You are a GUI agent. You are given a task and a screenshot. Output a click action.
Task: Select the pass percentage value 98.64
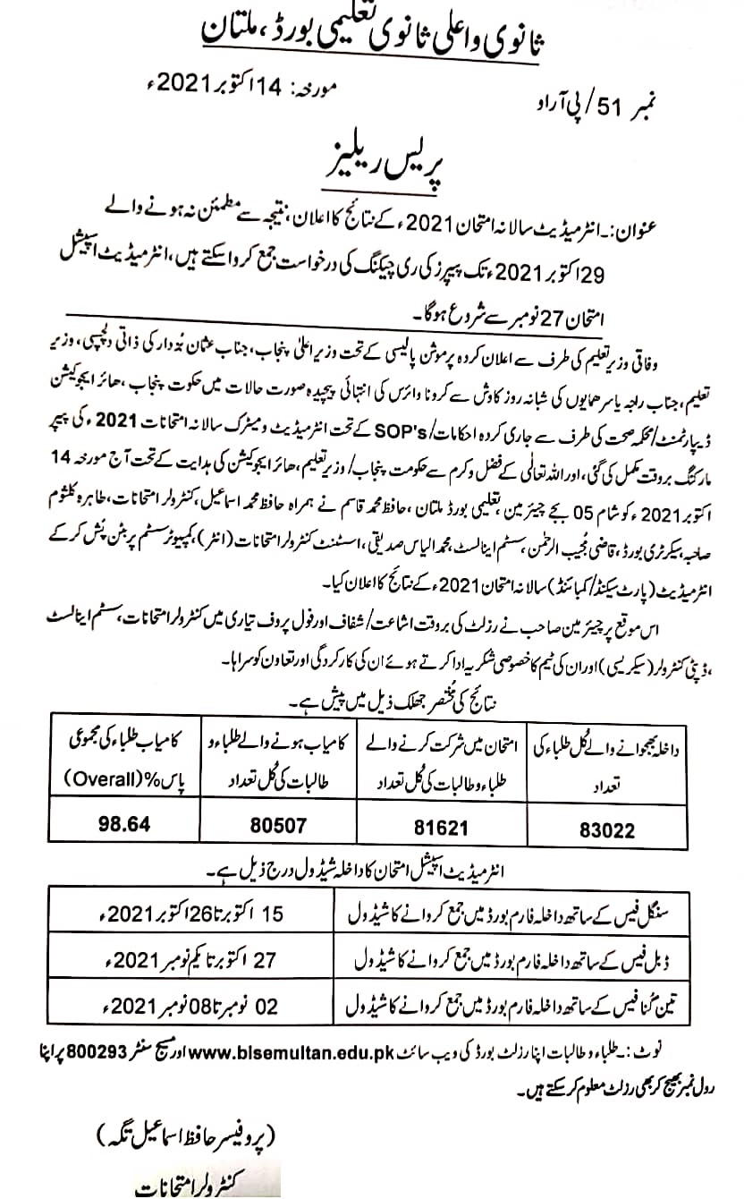(124, 824)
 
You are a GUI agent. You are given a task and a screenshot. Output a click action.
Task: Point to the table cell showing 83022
(608, 828)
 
